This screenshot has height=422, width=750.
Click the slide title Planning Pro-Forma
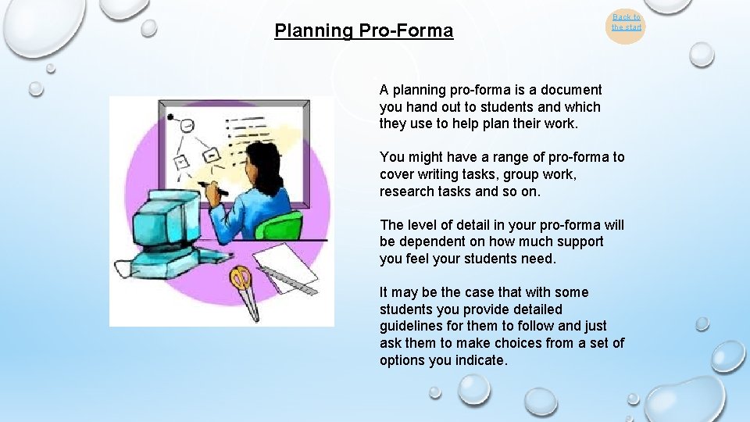pos(363,31)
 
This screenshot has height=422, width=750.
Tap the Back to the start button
pos(626,23)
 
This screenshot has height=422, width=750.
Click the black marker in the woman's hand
pos(213,188)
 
